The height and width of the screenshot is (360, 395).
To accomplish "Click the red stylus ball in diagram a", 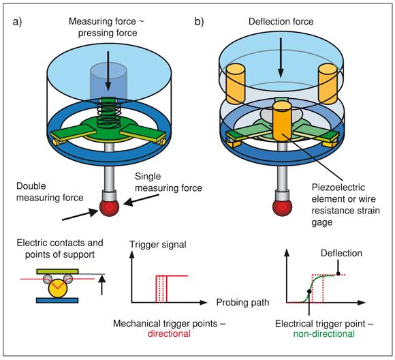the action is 109,207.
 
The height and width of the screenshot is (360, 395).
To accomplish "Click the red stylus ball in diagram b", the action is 282,207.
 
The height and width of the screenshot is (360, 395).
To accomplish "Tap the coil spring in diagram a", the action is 108,114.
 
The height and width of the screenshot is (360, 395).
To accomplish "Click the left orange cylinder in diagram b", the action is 236,84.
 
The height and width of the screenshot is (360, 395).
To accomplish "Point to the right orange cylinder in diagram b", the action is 328,84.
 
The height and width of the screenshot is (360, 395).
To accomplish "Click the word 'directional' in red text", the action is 169,334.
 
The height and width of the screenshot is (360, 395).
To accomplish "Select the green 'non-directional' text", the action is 324,334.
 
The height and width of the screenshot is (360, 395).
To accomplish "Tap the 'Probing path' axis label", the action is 242,302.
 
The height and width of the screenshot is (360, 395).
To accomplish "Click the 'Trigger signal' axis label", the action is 158,245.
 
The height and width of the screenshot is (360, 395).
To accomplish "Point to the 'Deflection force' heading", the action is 281,21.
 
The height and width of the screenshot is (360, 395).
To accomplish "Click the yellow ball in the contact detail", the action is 58,288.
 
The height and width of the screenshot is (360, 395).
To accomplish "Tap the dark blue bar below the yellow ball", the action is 57,300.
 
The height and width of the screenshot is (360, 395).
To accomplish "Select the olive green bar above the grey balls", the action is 57,271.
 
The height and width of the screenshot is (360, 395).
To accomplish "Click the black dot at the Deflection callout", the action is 338,273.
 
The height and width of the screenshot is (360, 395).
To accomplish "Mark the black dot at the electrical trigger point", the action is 309,291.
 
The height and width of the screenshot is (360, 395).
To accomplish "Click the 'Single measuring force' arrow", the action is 141,199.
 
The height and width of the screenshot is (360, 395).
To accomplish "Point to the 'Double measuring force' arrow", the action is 80,215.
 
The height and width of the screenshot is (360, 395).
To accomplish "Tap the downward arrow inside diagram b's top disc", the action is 281,58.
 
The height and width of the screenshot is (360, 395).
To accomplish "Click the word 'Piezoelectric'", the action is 338,187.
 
